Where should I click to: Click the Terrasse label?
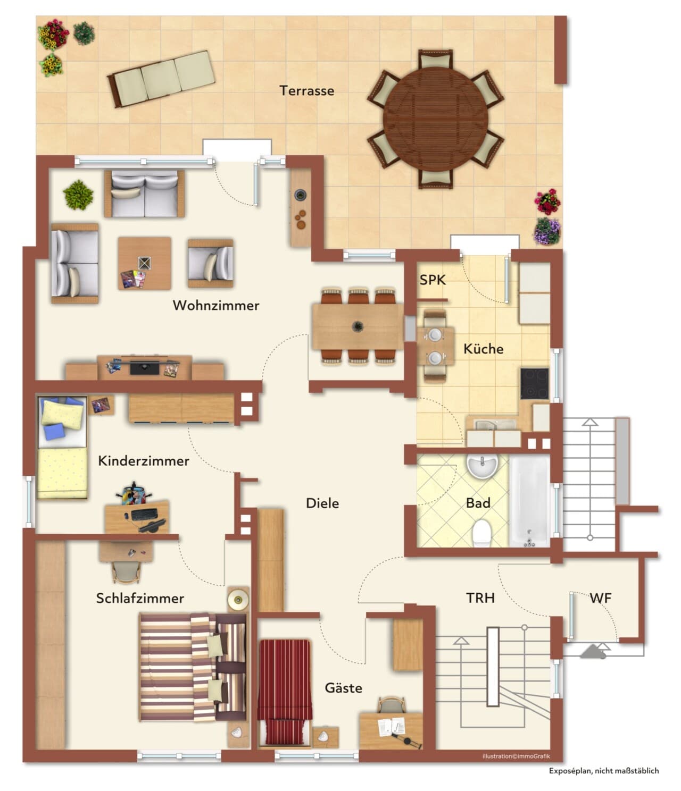[306, 91]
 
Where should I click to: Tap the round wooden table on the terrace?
[436, 119]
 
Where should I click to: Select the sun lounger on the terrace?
[161, 79]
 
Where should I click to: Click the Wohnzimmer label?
[215, 305]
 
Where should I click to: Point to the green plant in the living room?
[78, 195]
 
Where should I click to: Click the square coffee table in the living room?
[144, 263]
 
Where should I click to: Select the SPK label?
[433, 280]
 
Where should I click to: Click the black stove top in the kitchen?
[534, 383]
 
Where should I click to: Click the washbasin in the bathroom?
[483, 465]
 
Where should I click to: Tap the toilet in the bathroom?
[481, 533]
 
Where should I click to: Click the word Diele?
[322, 503]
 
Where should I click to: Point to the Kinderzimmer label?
[144, 461]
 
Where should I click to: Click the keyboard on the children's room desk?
[144, 515]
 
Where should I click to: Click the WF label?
[600, 598]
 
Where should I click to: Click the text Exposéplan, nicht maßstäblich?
[604, 771]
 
